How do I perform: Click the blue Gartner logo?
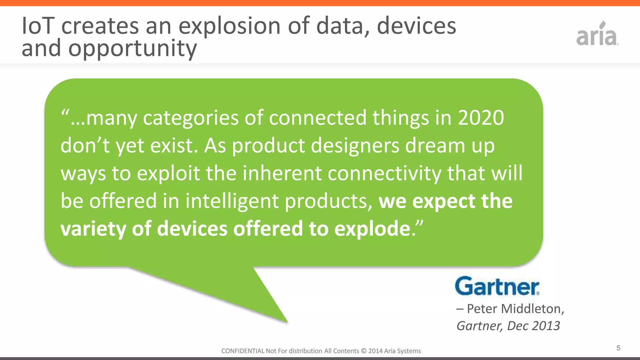(x=497, y=286)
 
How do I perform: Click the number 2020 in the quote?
(x=481, y=118)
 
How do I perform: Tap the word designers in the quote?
(x=355, y=146)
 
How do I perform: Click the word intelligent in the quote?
(x=232, y=201)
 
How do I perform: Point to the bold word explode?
(x=372, y=229)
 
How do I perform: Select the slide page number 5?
(x=618, y=348)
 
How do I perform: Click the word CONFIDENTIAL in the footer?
(x=243, y=351)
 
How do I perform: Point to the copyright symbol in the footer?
(x=363, y=351)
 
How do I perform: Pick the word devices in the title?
(x=416, y=26)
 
